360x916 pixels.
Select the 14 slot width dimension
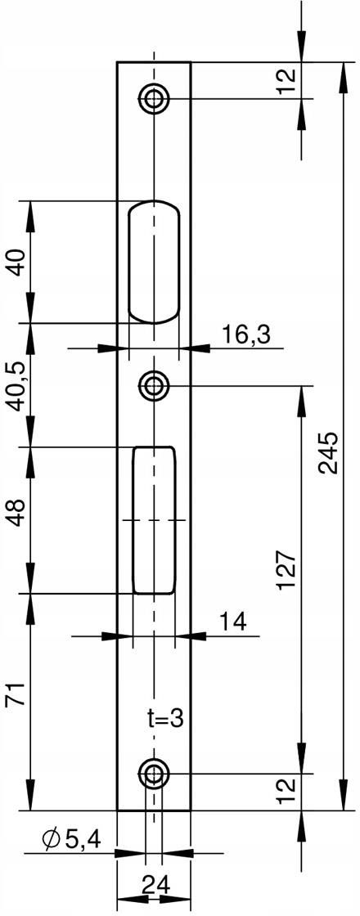pyautogui.click(x=232, y=621)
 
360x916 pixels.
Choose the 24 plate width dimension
pyautogui.click(x=155, y=887)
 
